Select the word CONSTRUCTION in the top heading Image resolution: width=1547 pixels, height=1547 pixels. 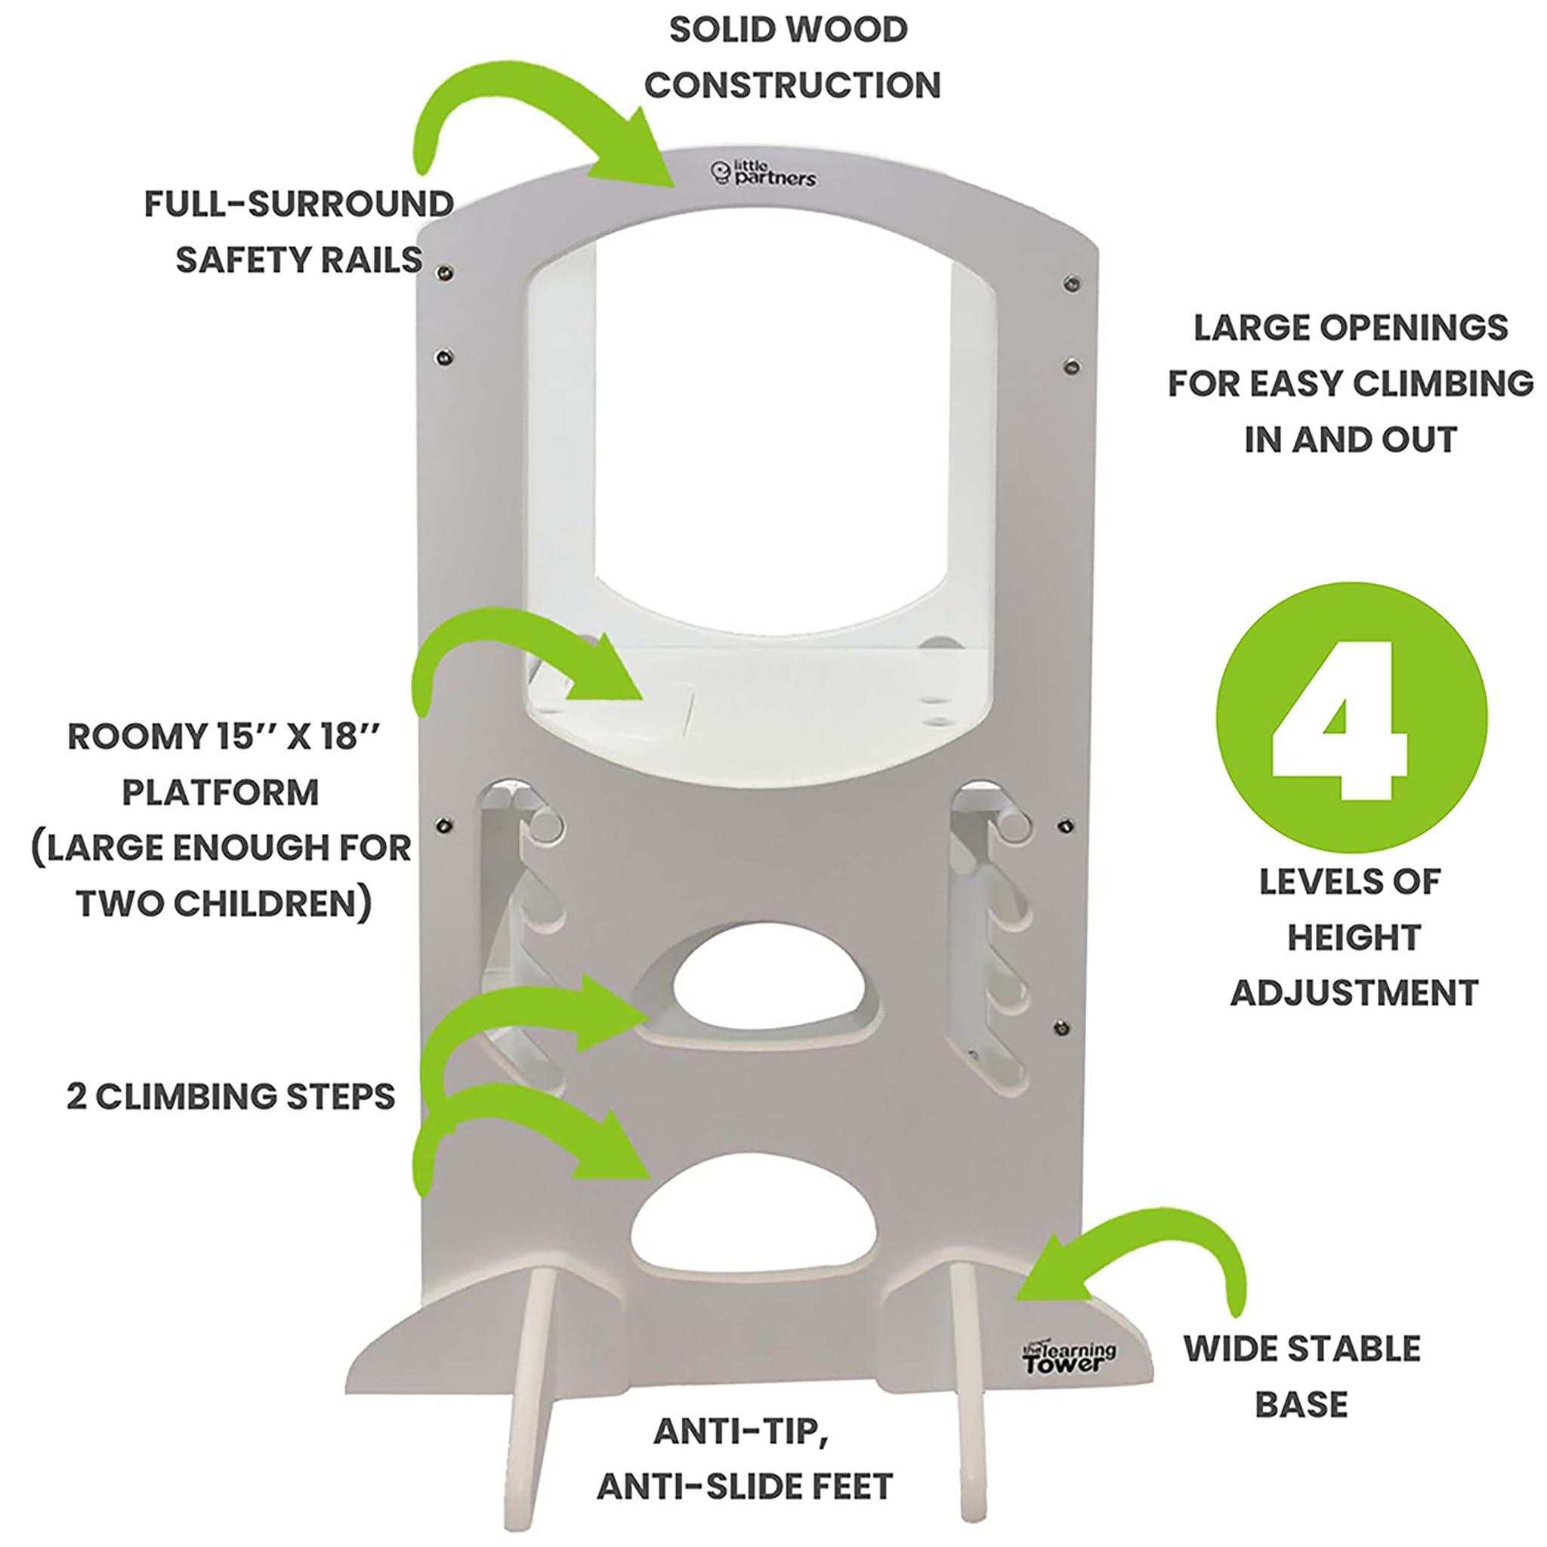tap(792, 85)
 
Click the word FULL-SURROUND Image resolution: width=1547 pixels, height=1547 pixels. tap(298, 204)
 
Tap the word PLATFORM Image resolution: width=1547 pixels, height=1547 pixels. tap(221, 792)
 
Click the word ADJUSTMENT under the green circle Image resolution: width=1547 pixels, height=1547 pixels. tap(1353, 993)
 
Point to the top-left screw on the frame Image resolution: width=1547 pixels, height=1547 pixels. tap(441, 275)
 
